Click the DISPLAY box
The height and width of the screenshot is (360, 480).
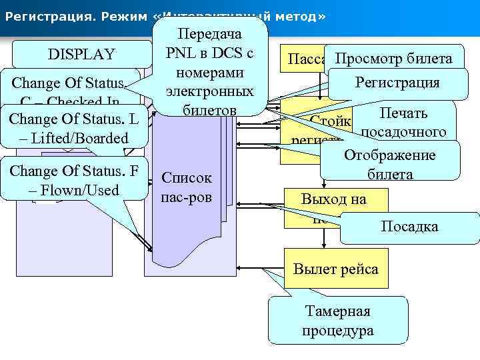(x=81, y=54)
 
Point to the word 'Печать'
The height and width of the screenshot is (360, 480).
(x=404, y=113)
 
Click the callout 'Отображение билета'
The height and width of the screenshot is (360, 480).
(x=390, y=165)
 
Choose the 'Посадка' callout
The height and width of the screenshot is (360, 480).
(x=409, y=227)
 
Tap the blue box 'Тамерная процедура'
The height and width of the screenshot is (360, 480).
(x=337, y=321)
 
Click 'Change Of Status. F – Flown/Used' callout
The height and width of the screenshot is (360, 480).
(x=74, y=180)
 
